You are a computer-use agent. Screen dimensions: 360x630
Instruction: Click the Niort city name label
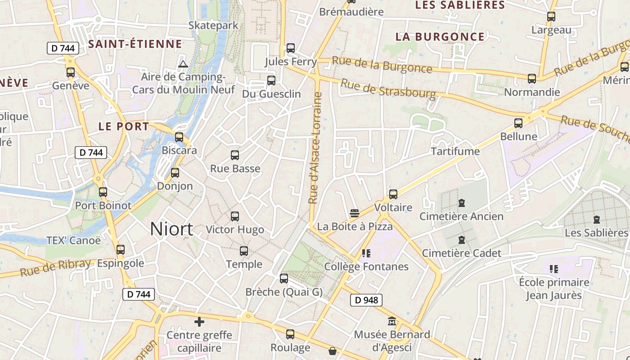(171, 229)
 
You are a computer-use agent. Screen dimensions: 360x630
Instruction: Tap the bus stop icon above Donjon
(175, 172)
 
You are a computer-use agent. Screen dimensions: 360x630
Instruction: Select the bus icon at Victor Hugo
(234, 216)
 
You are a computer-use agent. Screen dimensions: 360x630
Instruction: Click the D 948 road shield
(366, 300)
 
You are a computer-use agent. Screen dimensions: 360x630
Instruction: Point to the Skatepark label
(213, 25)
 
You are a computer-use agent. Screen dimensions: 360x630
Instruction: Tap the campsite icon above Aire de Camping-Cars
(183, 64)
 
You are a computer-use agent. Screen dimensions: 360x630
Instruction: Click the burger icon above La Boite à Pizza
(355, 213)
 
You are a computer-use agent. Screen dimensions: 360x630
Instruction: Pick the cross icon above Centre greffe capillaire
(199, 322)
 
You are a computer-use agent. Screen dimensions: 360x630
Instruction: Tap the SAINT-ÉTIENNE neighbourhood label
(135, 44)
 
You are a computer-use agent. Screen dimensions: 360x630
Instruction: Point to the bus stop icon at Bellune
(518, 123)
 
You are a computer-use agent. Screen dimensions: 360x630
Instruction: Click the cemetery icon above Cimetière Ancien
(461, 203)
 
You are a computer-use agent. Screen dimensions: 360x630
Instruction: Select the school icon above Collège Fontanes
(366, 253)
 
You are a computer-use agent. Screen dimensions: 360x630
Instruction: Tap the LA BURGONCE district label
(440, 37)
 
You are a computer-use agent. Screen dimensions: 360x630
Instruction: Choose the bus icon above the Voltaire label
(393, 194)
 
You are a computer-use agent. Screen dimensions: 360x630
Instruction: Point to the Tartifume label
(455, 151)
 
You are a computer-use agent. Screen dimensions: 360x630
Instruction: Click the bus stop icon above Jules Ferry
(291, 48)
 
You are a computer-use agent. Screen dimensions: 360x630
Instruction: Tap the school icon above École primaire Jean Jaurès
(554, 269)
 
